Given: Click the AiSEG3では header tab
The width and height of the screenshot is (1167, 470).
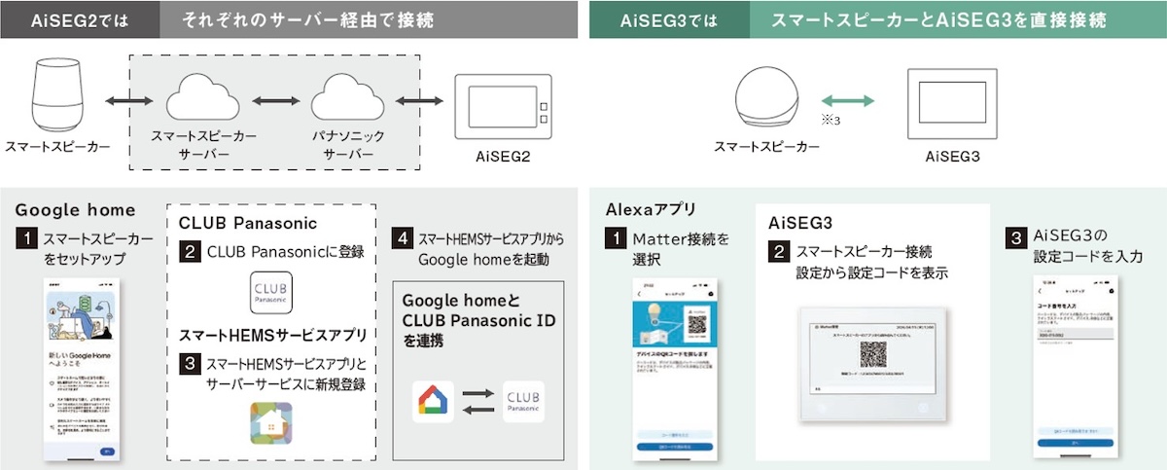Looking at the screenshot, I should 668,19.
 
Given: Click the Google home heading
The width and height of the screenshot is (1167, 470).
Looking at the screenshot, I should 75,210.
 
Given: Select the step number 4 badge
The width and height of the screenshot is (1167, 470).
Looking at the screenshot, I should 402,236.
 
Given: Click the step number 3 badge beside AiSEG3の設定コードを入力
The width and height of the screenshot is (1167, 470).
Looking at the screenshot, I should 1014,236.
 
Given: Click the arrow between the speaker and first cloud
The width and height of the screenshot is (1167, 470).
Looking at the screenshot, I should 126,101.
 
